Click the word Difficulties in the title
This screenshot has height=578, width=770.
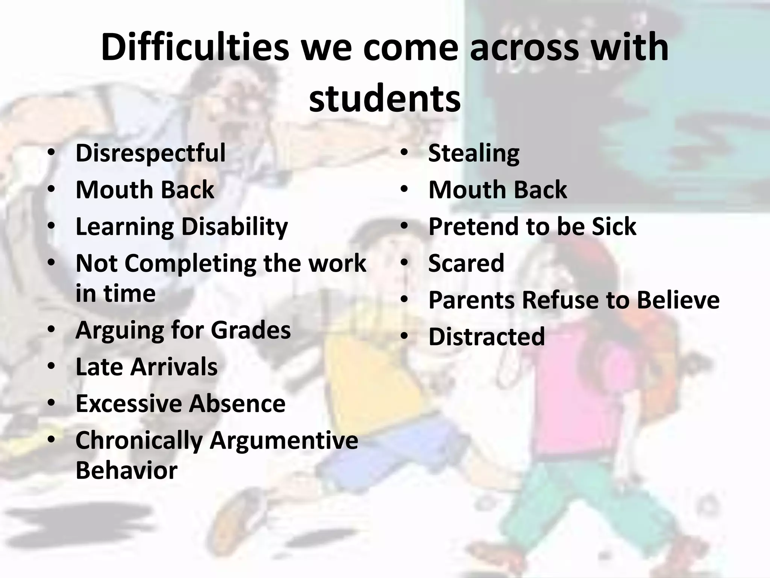click(195, 48)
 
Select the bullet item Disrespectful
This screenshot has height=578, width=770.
click(150, 153)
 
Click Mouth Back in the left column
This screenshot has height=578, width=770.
click(145, 190)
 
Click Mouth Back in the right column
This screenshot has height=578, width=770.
click(497, 190)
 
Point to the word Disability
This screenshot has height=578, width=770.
click(235, 227)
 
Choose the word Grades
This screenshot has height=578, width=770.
click(251, 330)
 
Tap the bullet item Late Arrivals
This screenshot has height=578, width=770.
click(146, 367)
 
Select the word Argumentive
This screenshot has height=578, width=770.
click(283, 440)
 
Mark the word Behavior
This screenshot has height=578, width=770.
click(126, 470)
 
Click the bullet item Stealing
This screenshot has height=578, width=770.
click(474, 153)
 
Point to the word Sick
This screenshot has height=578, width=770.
click(614, 227)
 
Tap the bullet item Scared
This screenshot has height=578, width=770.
click(466, 263)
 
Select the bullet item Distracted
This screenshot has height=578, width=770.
click(487, 336)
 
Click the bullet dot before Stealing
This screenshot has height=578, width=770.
click(404, 153)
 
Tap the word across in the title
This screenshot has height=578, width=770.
click(524, 48)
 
